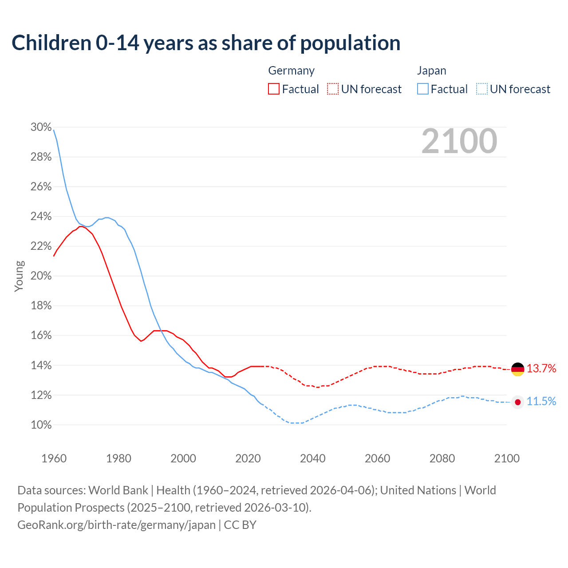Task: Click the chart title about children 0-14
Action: click(206, 43)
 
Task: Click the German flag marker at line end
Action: click(517, 369)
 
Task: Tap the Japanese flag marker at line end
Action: click(517, 402)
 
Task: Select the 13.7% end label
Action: click(541, 368)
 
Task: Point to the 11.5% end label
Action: click(541, 402)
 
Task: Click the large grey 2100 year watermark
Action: click(459, 141)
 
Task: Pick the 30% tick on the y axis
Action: click(41, 127)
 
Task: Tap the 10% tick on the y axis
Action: click(41, 425)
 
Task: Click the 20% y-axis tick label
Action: click(41, 276)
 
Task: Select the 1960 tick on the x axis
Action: click(54, 458)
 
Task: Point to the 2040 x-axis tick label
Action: click(312, 458)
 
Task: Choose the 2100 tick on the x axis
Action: click(506, 458)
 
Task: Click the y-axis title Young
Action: click(19, 276)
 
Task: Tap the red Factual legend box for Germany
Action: click(274, 89)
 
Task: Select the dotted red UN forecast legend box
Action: click(333, 89)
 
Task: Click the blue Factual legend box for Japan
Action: click(423, 89)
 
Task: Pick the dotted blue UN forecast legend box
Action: click(482, 89)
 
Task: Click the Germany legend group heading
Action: click(291, 71)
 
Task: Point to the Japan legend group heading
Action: click(431, 71)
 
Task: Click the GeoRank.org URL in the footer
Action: click(116, 525)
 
